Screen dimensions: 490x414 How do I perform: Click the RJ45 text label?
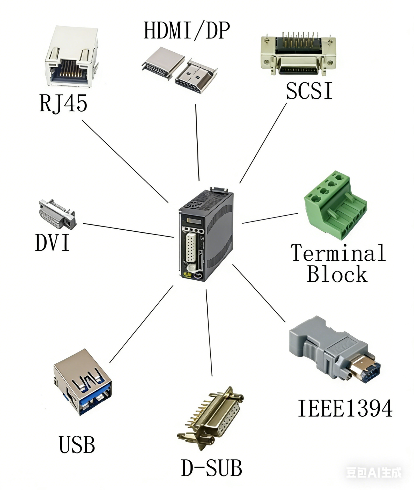coord(63,103)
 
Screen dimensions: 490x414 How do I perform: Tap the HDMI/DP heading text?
coord(187,31)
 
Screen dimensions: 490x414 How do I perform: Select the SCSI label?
coord(309,91)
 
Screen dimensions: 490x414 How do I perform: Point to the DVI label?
coord(52,243)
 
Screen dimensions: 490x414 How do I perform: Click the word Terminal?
coord(338,253)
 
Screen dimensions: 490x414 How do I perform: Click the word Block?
coord(337,274)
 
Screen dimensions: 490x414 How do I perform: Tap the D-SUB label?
coord(211,468)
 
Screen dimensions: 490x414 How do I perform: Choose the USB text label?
coord(77,445)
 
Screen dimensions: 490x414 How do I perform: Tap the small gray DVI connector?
coord(57,214)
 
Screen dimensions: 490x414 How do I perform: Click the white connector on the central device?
coord(191,247)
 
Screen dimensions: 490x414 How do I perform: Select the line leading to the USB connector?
coord(141,324)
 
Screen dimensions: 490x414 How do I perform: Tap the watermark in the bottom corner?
coord(374,472)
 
